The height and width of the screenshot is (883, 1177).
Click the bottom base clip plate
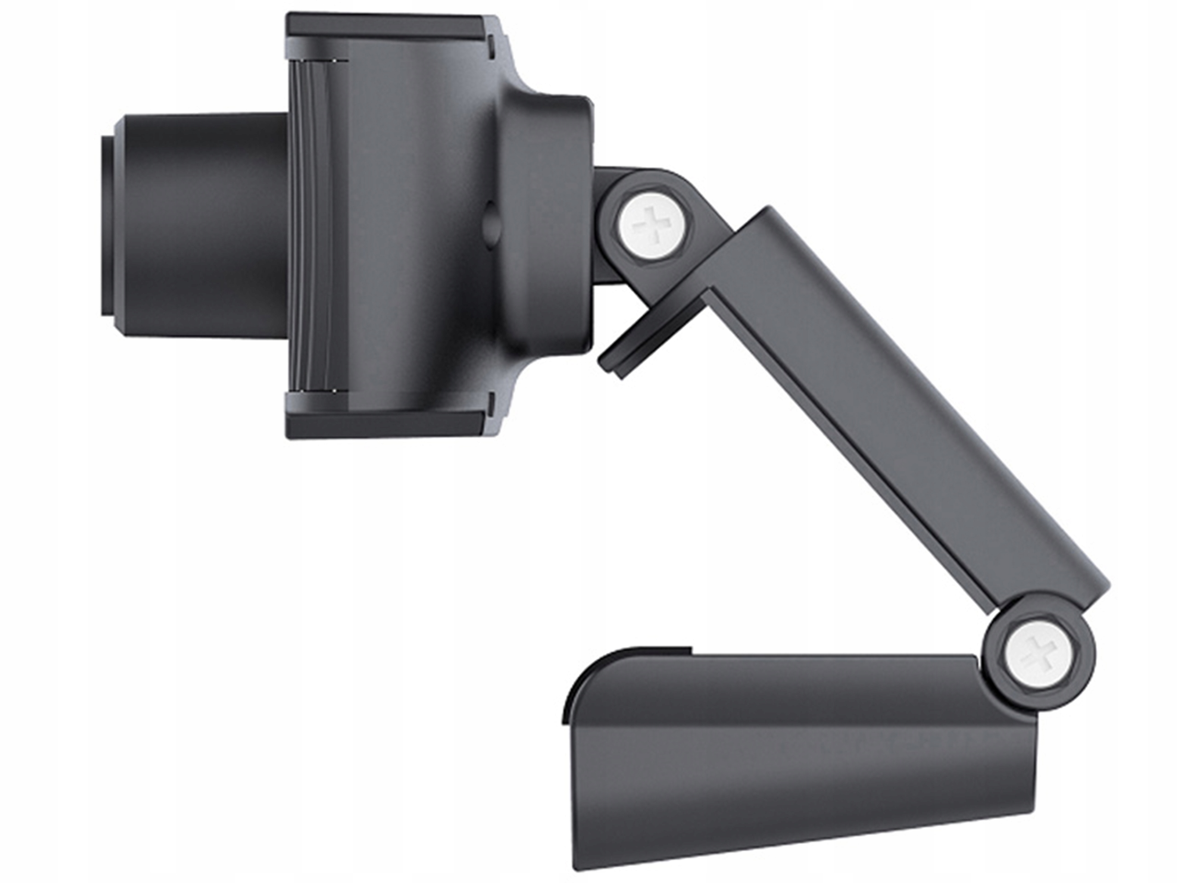pos(798,745)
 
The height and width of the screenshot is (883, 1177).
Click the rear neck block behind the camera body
pos(554,224)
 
